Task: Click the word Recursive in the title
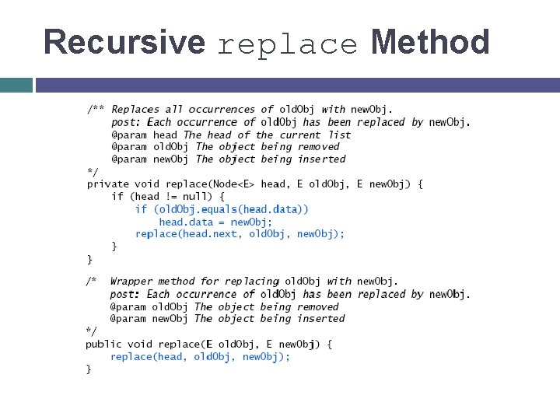coord(124,42)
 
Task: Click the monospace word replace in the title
coord(288,44)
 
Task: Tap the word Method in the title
coord(430,42)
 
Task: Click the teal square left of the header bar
coord(16,85)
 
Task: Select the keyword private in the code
coord(107,184)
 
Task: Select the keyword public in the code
coord(103,344)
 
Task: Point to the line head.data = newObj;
coord(215,222)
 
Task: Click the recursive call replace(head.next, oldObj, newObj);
coord(240,234)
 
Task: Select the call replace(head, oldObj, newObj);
coord(200,357)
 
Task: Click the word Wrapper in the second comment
coord(131,282)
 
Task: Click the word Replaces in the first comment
coord(135,110)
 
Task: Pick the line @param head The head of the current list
coord(230,135)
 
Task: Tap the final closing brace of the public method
coord(89,369)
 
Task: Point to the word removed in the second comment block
coord(318,306)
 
